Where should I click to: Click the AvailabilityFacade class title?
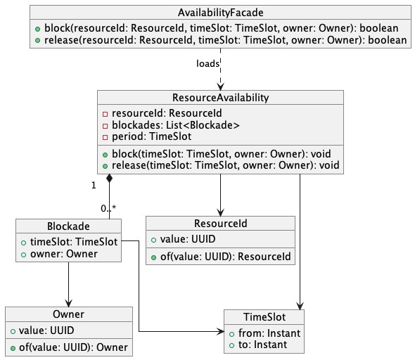[x=220, y=13]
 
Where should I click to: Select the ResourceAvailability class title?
[x=220, y=97]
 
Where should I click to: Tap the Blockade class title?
[x=68, y=226]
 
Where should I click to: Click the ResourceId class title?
[x=220, y=223]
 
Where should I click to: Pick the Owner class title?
[x=68, y=314]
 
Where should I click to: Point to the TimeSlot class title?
[x=264, y=316]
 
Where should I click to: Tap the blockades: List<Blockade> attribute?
[x=176, y=125]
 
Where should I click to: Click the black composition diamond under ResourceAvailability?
[x=109, y=180]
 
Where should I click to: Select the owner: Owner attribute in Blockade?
[x=63, y=253]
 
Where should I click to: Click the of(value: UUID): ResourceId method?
[x=219, y=257]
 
